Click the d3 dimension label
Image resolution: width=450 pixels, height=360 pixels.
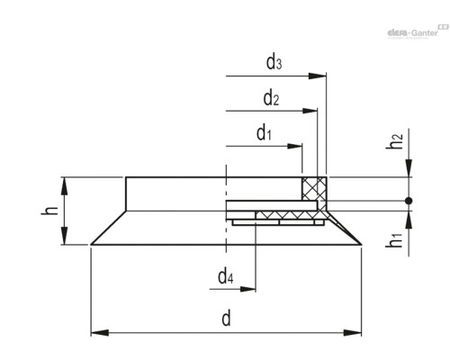tap(274, 63)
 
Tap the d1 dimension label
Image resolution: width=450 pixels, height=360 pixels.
tap(264, 134)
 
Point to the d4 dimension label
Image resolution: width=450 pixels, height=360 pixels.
tap(228, 276)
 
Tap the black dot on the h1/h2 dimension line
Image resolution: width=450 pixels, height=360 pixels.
tap(409, 200)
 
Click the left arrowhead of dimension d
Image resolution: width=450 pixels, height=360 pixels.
tap(96, 333)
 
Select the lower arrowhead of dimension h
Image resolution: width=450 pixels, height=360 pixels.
tap(65, 238)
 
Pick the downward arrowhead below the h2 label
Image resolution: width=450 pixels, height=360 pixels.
tap(409, 168)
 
